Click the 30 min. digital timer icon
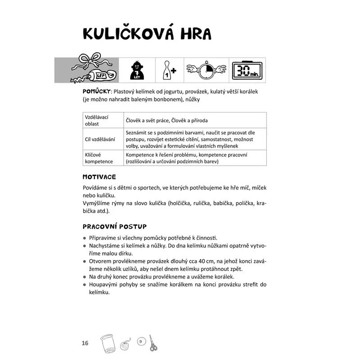click(247, 70)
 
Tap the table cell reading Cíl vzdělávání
click(100, 139)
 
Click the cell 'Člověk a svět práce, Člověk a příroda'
click(166, 121)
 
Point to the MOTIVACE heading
click(99, 177)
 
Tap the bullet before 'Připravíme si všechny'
click(85, 238)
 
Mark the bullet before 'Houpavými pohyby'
click(85, 285)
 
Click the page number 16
click(85, 343)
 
